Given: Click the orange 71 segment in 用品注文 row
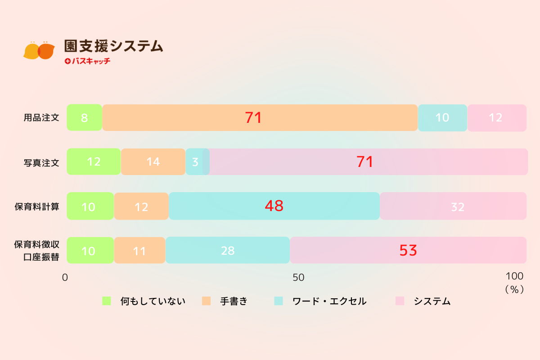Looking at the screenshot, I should coord(260,118).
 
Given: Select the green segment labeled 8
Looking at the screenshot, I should coord(85,118).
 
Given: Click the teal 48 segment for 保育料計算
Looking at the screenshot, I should coord(274,206).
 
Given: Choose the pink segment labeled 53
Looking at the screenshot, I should coord(408,250).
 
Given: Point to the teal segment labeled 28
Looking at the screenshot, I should coord(228,250).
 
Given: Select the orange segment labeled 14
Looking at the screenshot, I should coord(153,162).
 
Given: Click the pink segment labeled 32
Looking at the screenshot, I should coord(453,206).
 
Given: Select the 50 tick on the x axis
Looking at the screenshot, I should coord(298,278).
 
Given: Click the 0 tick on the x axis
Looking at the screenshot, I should coord(65,278).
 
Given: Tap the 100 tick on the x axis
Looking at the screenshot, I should coord(514,276).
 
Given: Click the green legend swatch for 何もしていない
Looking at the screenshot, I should coord(107,301).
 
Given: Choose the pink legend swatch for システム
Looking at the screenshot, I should coord(400,301).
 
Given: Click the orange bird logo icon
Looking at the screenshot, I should coord(39,51).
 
